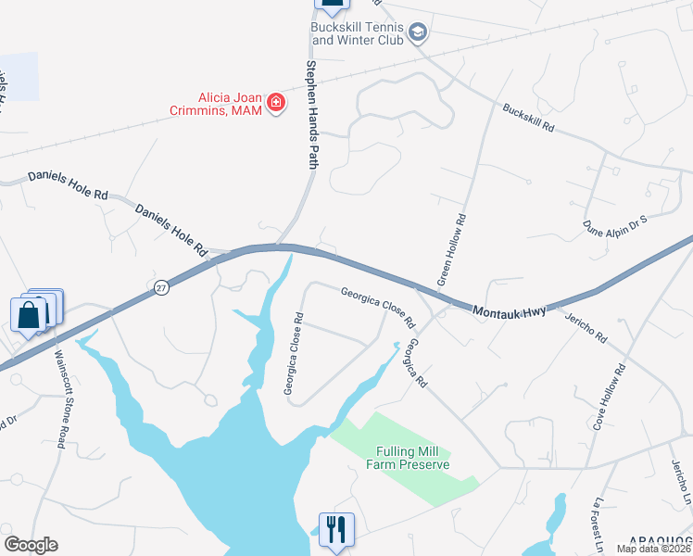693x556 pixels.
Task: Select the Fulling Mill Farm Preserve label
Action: point(412,458)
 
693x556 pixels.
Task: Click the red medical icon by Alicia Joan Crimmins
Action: point(275,103)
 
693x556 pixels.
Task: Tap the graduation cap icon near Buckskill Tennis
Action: point(418,33)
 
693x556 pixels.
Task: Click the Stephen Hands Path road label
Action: point(312,115)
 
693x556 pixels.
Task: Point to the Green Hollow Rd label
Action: point(451,249)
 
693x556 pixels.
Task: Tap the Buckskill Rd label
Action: point(528,116)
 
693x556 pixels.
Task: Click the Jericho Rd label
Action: point(585,326)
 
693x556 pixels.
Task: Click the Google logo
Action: point(31,545)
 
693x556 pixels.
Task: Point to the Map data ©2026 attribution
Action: point(654,549)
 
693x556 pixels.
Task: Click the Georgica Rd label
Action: point(417,362)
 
